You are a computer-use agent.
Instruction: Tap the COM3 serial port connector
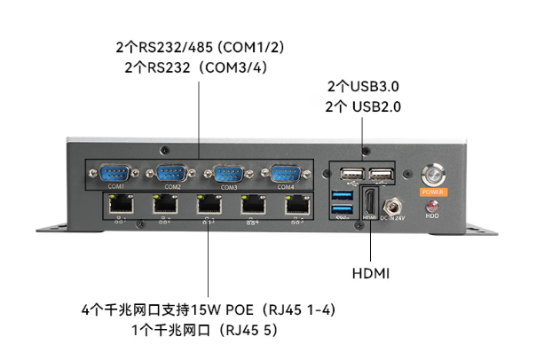pyautogui.click(x=228, y=174)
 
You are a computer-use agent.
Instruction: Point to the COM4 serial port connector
pyautogui.click(x=284, y=174)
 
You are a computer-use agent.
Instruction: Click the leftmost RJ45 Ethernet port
pyautogui.click(x=117, y=206)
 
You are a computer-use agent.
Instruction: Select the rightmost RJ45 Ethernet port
pyautogui.click(x=296, y=206)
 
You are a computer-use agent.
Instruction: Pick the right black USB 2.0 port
pyautogui.click(x=381, y=175)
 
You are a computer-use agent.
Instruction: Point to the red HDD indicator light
pyautogui.click(x=432, y=206)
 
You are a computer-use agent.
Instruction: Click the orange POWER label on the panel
pyautogui.click(x=432, y=191)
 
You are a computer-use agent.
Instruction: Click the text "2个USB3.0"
pyautogui.click(x=364, y=87)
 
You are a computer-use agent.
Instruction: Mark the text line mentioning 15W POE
pyautogui.click(x=207, y=310)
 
